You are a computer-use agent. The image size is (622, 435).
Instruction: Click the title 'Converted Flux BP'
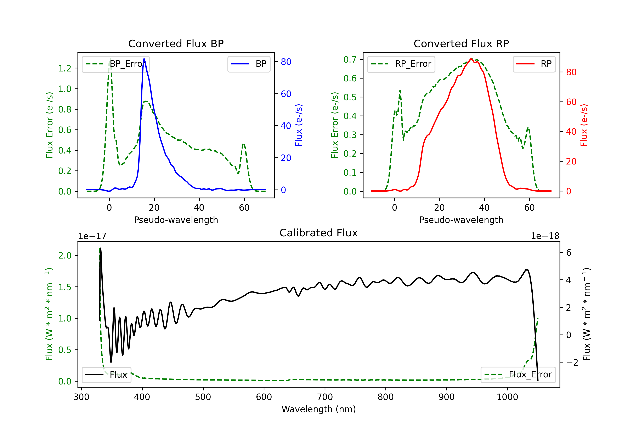pyautogui.click(x=176, y=43)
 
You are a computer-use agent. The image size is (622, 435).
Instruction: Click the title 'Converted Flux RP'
pyautogui.click(x=461, y=43)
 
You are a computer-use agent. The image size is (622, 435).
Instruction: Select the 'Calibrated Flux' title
pyautogui.click(x=319, y=233)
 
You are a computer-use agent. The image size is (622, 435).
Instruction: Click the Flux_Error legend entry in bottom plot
pyautogui.click(x=518, y=375)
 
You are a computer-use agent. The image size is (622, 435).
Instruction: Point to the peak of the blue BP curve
pyautogui.click(x=144, y=59)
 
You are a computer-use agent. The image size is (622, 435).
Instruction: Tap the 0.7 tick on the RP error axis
pyautogui.click(x=350, y=59)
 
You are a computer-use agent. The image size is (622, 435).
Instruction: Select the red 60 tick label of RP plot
pyautogui.click(x=571, y=102)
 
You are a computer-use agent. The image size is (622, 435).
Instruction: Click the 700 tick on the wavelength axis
pyautogui.click(x=325, y=397)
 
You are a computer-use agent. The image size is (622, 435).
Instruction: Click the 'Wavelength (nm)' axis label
pyautogui.click(x=319, y=409)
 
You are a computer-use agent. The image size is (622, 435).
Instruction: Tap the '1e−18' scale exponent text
pyautogui.click(x=545, y=236)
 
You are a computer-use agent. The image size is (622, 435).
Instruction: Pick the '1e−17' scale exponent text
pyautogui.click(x=92, y=236)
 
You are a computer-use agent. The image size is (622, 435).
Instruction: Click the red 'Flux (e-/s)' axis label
pyautogui.click(x=584, y=125)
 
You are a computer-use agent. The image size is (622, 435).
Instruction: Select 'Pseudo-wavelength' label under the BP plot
pyautogui.click(x=176, y=220)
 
